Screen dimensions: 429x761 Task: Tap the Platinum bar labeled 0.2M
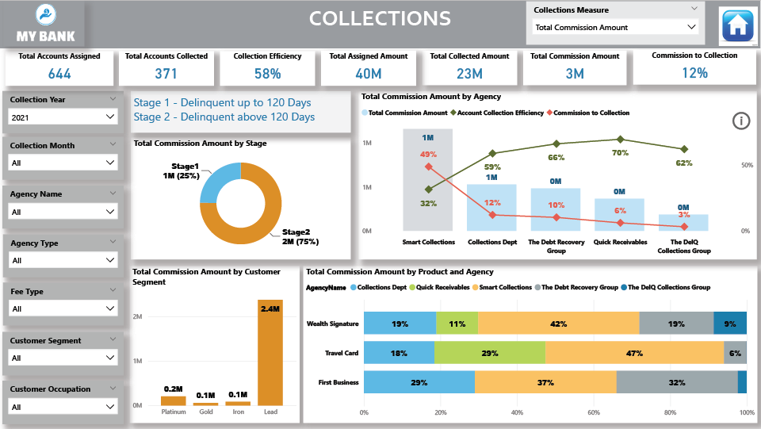[173, 400]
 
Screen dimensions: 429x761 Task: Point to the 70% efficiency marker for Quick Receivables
[620, 139]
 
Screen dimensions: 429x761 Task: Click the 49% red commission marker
[429, 167]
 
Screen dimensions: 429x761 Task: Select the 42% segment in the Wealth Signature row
[558, 324]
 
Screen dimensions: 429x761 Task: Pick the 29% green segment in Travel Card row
[489, 353]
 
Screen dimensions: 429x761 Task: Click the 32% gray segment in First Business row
[676, 382]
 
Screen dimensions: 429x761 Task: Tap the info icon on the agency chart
[740, 121]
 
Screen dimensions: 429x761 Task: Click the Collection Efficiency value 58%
[268, 74]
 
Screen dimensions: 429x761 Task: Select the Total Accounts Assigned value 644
[59, 74]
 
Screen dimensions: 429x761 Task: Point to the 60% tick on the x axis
[594, 412]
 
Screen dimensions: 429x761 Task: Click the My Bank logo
[45, 25]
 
